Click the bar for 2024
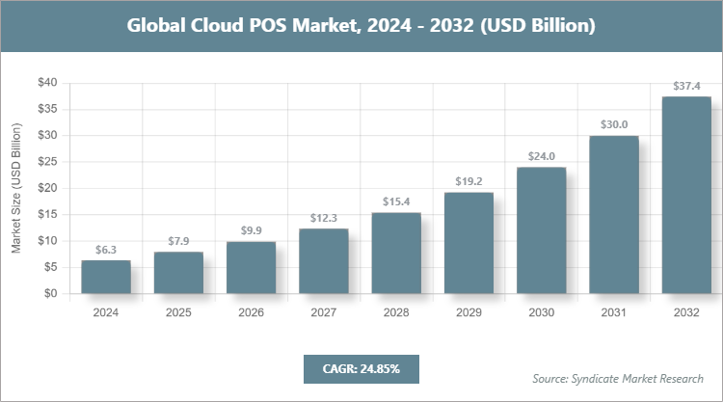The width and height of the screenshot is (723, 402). pos(106,277)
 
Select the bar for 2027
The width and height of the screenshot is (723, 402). pos(324,261)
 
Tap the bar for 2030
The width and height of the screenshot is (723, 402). pos(541,230)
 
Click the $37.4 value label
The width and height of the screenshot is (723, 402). pos(686,87)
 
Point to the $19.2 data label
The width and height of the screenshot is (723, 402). pos(469,181)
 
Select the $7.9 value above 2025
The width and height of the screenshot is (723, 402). pos(178,241)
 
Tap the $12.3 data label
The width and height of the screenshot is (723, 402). pos(324,218)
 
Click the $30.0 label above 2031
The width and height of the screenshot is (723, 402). pos(614,124)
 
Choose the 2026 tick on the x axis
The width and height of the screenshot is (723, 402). pos(251,312)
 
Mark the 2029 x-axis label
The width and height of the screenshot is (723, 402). pos(469,312)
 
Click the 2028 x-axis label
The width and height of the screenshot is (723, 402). pos(396,312)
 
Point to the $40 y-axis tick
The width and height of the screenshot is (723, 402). pos(47,83)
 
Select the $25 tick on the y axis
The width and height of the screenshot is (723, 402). pos(47,162)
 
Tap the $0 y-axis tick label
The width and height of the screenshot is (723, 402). pos(51,293)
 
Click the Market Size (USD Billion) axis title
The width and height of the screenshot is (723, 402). pos(16,189)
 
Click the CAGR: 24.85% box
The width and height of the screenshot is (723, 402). pos(361,368)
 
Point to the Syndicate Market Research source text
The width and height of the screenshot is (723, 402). pos(617,377)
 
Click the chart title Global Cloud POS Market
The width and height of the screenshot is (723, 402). pos(361,25)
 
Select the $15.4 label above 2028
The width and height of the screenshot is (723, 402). pos(396,201)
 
